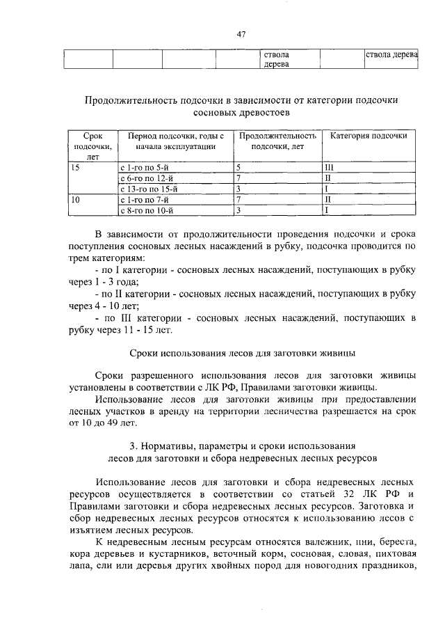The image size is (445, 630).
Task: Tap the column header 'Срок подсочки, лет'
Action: pos(92,146)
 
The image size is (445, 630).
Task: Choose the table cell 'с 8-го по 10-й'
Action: pos(146,209)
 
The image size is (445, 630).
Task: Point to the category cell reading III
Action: pos(330,168)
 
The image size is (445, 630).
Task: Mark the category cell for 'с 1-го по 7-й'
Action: pos(328,198)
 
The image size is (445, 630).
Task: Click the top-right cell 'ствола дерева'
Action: pos(391,54)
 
